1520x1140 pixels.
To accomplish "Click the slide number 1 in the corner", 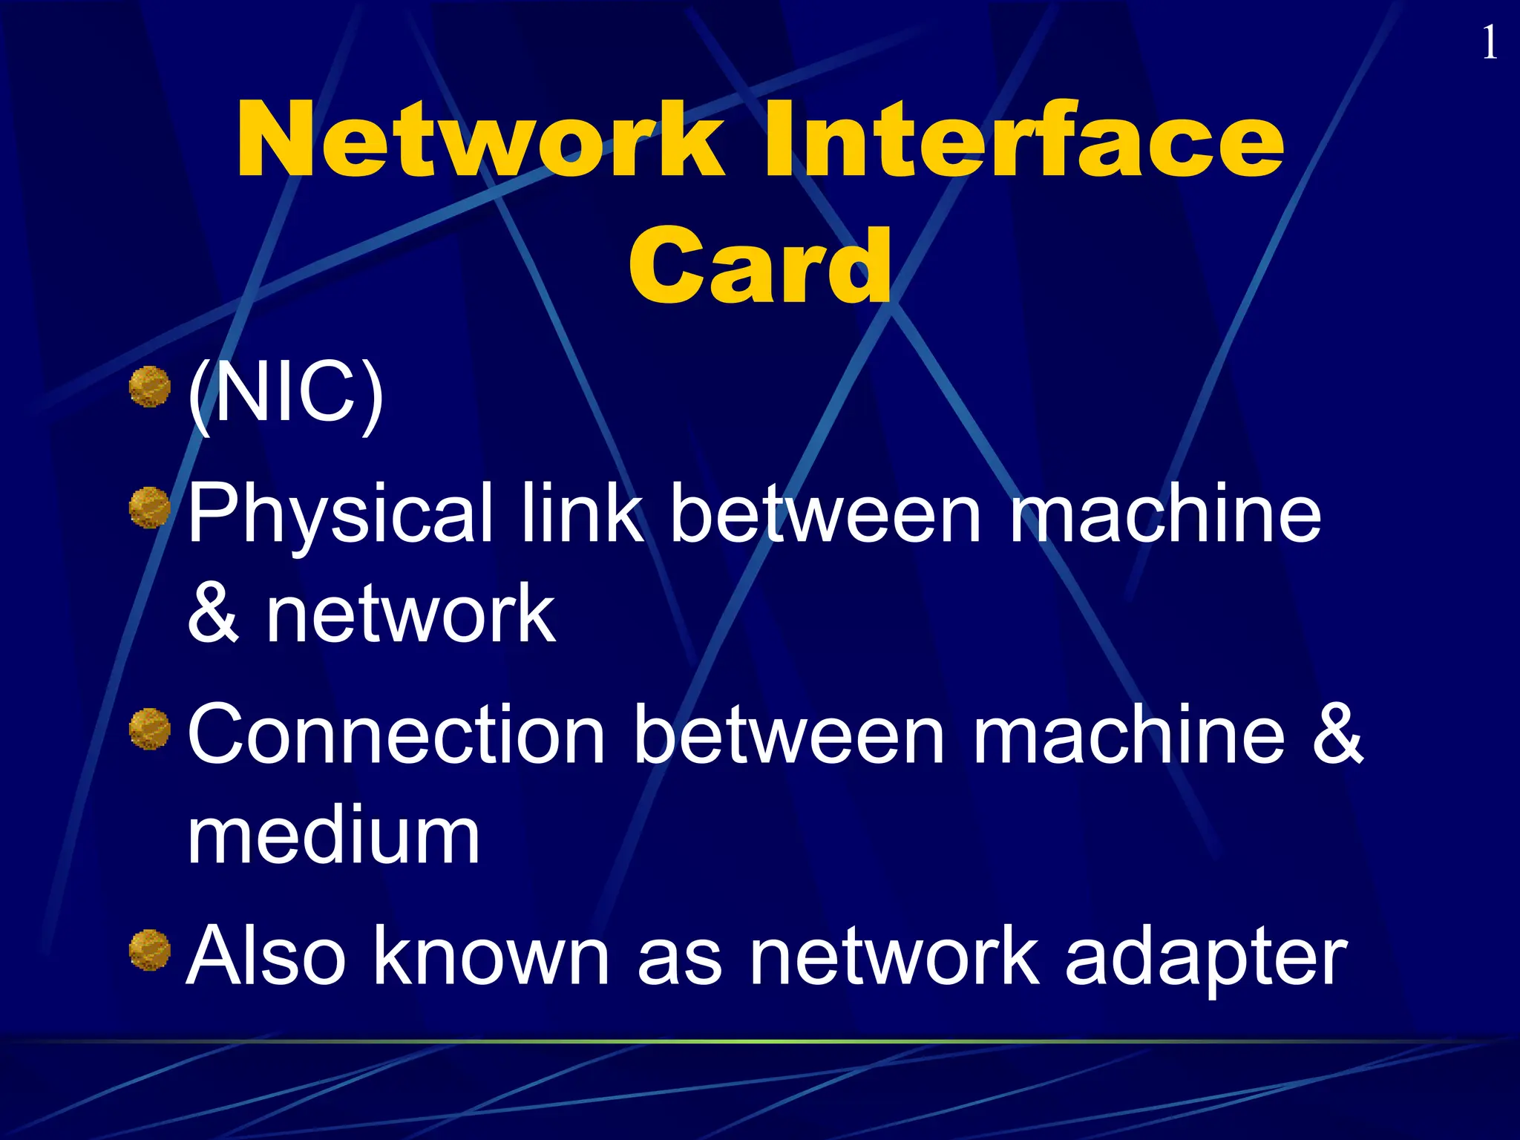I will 1489,43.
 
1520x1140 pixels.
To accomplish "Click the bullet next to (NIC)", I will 150,387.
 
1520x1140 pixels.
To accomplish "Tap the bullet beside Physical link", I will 150,508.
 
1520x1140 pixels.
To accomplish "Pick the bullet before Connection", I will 150,729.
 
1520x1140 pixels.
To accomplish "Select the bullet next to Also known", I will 150,950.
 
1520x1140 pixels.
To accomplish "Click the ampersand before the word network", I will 213,613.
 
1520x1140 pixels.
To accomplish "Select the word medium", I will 333,836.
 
